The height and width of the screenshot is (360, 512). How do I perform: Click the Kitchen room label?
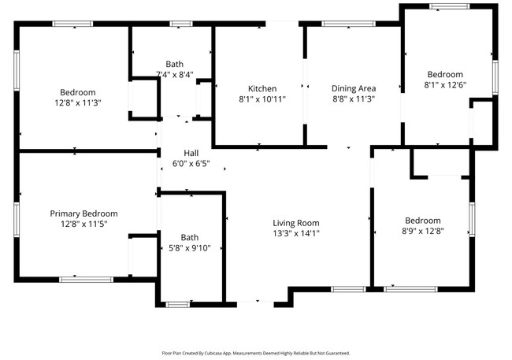262,88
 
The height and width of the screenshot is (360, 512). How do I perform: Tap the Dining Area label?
353,88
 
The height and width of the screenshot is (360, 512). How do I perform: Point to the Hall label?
191,153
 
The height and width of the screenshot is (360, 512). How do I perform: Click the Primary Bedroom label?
83,213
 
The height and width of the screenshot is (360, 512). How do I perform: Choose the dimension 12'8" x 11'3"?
77,102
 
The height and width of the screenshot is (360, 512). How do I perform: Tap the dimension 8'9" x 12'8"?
423,231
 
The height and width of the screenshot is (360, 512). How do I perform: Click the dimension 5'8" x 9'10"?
190,249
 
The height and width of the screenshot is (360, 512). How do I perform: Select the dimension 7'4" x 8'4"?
174,75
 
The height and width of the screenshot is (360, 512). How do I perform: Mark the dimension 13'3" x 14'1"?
296,232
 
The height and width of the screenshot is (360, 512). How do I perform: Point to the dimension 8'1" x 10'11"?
262,99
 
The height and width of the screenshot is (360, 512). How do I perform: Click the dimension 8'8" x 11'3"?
353,99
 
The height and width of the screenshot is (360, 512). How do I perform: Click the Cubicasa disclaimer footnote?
256,353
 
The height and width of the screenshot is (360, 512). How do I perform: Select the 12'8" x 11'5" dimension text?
83,224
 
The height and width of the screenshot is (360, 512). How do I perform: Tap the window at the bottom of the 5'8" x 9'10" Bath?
178,303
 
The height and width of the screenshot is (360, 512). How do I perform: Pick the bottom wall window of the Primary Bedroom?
86,279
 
